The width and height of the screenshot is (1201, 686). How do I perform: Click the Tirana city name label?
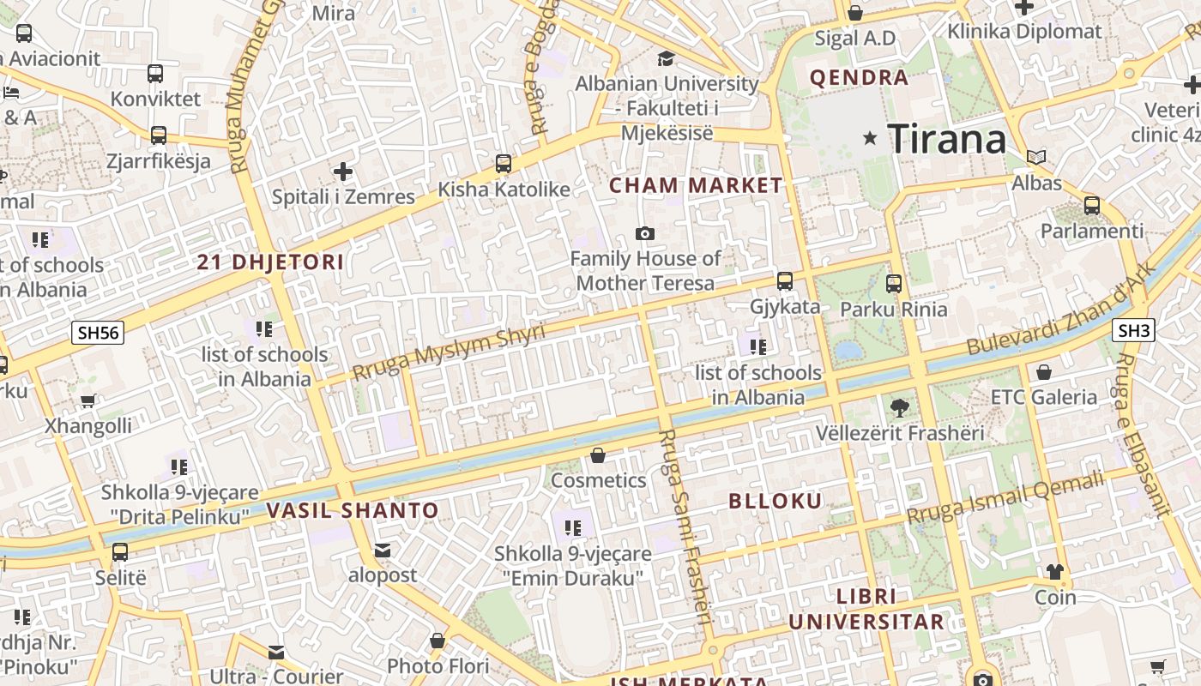(946, 139)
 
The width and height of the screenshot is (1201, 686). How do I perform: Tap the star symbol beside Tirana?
(870, 137)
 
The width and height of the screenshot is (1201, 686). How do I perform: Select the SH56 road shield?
(99, 333)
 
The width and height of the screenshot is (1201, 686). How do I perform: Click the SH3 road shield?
(1133, 330)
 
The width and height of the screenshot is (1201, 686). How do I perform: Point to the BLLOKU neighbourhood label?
(776, 502)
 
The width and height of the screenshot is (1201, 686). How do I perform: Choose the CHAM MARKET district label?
(696, 185)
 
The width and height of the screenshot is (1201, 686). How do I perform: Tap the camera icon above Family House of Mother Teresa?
(645, 233)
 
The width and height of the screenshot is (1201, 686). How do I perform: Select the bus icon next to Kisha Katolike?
(504, 163)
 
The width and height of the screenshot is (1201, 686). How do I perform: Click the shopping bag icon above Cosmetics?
(598, 455)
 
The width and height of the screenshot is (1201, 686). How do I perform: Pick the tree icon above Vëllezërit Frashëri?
(899, 407)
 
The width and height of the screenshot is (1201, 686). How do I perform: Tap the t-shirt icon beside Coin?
(1054, 572)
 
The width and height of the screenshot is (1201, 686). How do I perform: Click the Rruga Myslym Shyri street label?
(449, 352)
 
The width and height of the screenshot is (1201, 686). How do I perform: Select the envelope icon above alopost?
(382, 550)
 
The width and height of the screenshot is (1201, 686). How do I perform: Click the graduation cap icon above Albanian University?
(666, 58)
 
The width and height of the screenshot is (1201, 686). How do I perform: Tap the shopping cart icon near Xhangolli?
(88, 400)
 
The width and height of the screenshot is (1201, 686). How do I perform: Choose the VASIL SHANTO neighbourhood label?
(353, 511)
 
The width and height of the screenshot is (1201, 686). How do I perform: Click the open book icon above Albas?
(1036, 158)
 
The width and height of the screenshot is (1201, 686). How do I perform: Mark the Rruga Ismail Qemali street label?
(1005, 499)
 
